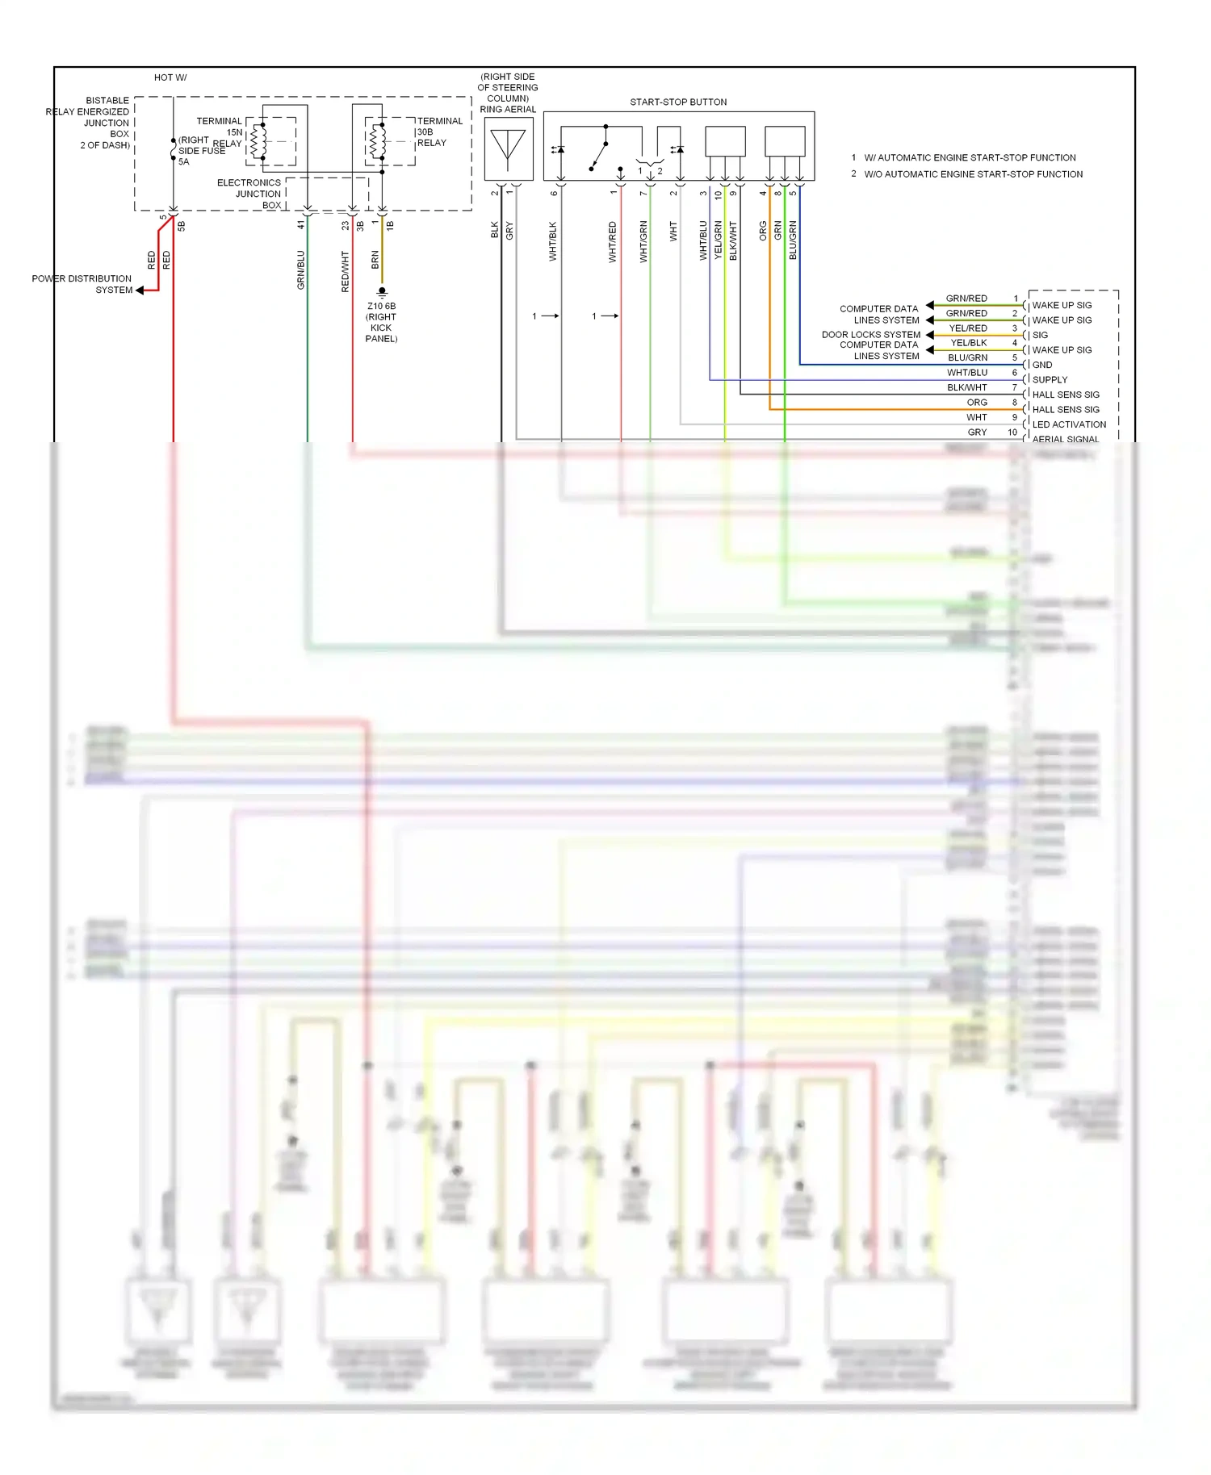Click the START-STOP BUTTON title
678,102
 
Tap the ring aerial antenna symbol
508,148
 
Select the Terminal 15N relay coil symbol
258,142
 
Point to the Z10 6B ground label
381,307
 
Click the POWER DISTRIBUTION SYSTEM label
82,284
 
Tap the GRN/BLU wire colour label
301,270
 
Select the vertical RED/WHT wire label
346,271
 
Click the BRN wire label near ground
375,260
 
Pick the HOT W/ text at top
170,78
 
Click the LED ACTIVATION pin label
1069,424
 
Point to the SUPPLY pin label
1050,380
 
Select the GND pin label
1042,365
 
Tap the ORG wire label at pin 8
977,403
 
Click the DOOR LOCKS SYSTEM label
870,335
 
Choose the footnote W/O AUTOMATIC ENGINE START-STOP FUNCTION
973,174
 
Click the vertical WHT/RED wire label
613,242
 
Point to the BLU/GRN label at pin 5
967,357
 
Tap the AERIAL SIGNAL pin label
1065,440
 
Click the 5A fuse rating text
184,162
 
